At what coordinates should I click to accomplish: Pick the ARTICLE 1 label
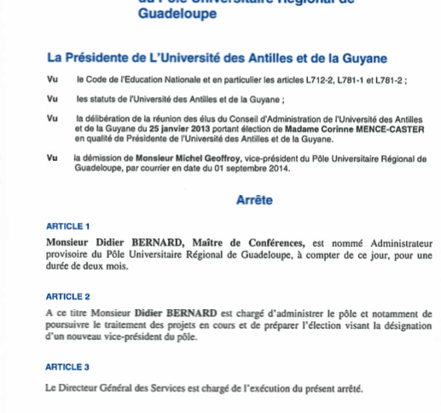click(x=67, y=227)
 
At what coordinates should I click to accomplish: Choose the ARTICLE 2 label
click(x=67, y=296)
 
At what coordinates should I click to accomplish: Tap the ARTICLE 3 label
click(x=67, y=367)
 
